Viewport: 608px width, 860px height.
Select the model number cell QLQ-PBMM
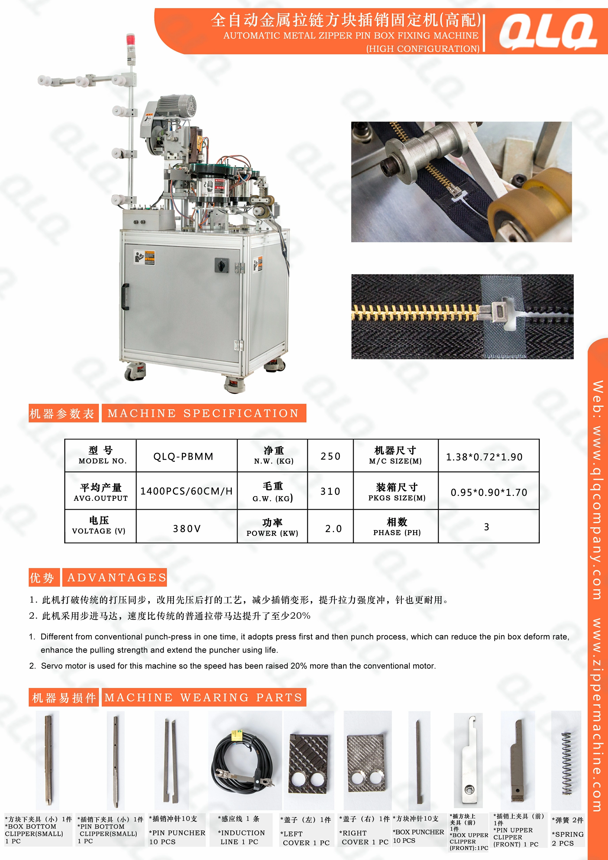(x=183, y=456)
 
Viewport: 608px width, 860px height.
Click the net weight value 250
(x=330, y=456)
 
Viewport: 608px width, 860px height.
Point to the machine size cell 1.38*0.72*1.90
(x=484, y=457)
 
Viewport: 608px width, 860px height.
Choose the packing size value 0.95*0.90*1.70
(x=489, y=492)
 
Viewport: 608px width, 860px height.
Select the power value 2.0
(x=333, y=529)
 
